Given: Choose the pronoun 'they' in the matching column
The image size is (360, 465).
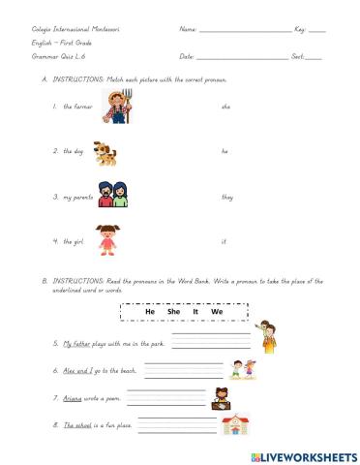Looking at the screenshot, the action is pos(227,197).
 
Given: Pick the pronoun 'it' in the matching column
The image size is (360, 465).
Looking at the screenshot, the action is pos(224,241).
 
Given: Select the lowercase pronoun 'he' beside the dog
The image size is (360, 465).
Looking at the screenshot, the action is pos(225,151).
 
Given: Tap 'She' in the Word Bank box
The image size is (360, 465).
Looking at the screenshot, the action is pos(174,313).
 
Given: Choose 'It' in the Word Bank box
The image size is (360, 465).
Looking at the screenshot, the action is pos(197,313).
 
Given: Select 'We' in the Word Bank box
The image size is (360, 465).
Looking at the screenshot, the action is pos(218,313).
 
